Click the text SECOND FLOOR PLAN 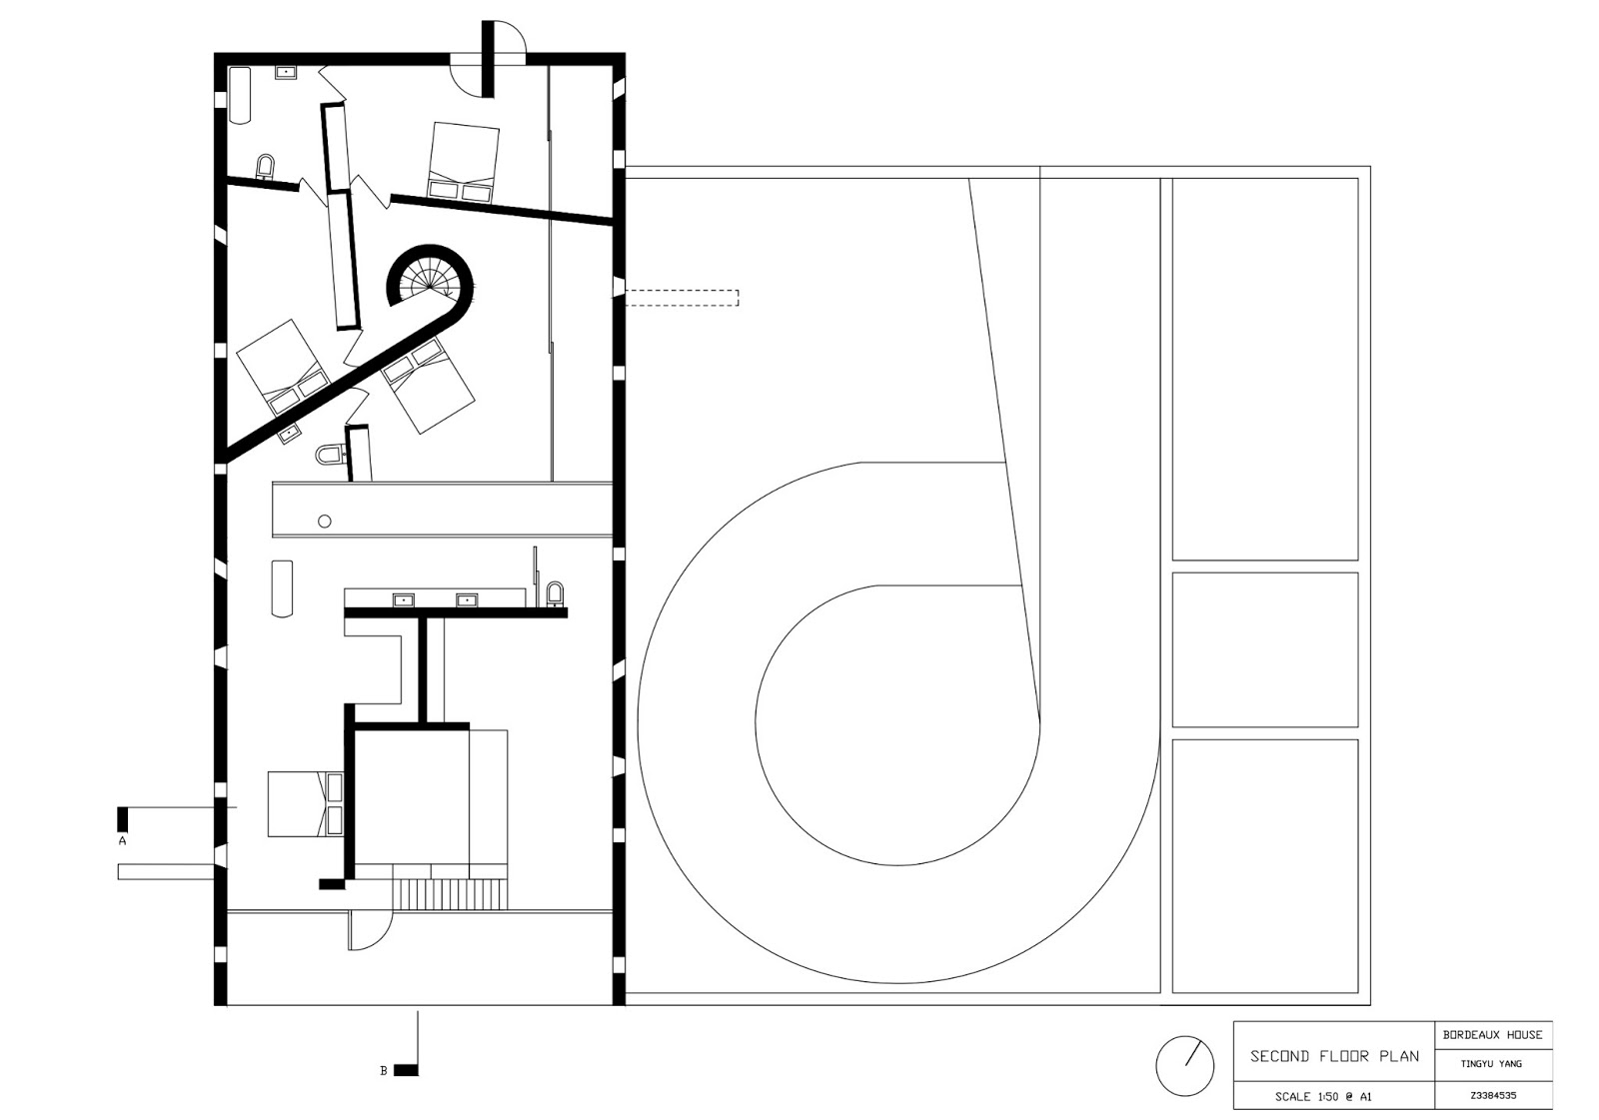coord(1334,1056)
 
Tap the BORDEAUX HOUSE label coord(1492,1035)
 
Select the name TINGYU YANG coord(1491,1064)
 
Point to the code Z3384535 coord(1492,1095)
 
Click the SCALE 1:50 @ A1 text coord(1323,1097)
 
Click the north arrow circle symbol coord(1184,1065)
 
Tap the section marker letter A coord(123,841)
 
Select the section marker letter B coord(384,1071)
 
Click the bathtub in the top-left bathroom coord(241,96)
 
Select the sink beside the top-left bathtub coord(286,72)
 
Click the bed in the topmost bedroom coord(463,164)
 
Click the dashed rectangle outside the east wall coord(682,298)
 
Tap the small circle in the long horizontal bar coord(325,522)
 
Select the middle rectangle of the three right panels coord(1264,649)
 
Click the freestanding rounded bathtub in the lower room coord(282,587)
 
